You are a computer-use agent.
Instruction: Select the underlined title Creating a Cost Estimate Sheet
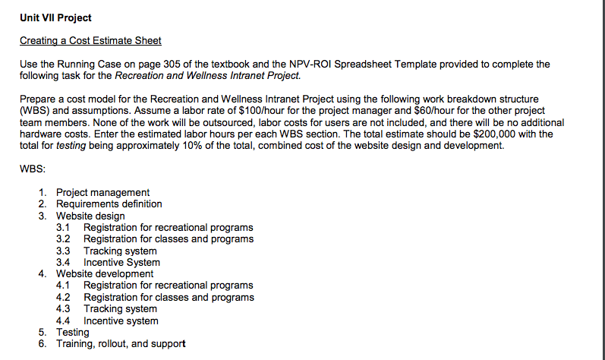pos(90,40)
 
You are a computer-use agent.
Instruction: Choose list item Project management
pos(102,193)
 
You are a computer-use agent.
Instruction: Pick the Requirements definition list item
pos(109,204)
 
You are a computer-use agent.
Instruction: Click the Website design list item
pos(90,216)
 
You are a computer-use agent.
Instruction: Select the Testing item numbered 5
pos(72,332)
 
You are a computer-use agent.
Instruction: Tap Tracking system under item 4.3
pos(120,309)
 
